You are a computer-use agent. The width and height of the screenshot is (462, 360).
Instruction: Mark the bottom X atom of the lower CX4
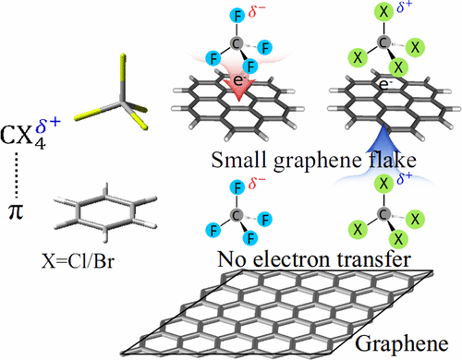[382, 247]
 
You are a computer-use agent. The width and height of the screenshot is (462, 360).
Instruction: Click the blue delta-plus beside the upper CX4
[404, 11]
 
